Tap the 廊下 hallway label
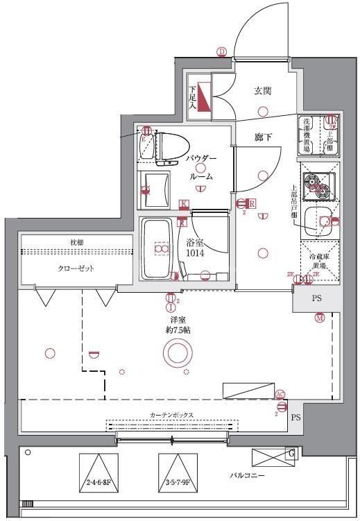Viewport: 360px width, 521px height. point(262,137)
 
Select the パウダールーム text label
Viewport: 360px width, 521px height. point(200,167)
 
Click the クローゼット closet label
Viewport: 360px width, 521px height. point(76,268)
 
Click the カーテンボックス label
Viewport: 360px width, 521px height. point(171,415)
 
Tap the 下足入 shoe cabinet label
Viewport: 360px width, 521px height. point(193,97)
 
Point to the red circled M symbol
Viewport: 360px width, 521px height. point(319,318)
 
